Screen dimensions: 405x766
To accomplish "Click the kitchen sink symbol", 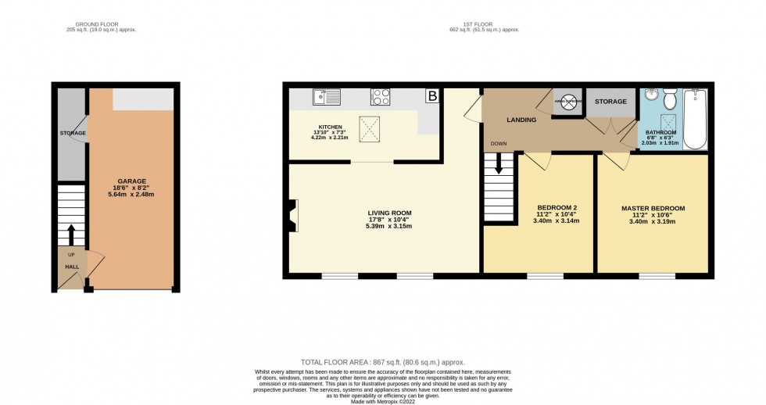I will pos(323,97).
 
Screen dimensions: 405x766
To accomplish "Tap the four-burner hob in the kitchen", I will pos(381,97).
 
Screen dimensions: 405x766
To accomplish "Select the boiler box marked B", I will pos(431,97).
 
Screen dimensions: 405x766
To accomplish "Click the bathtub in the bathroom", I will pos(698,119).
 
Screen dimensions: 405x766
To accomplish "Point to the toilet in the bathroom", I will pos(670,101).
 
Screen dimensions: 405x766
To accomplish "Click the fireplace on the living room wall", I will pos(292,215).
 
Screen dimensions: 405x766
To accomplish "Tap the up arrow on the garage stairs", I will pos(71,234).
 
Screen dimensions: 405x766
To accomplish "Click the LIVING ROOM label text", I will pos(389,213).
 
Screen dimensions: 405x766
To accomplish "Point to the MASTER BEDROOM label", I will pos(653,208).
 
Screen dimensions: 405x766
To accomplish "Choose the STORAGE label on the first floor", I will pos(610,102).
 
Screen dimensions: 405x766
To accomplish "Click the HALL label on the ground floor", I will pos(71,267).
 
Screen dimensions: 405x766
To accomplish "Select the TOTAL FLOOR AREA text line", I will pos(382,362).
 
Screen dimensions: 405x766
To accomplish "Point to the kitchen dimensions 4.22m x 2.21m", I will pos(329,138).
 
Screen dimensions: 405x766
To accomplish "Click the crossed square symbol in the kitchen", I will pos(370,129).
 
